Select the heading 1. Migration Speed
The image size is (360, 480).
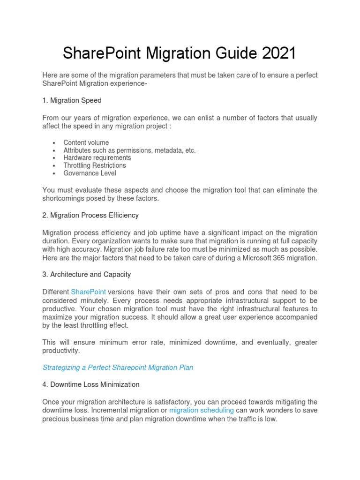(72, 101)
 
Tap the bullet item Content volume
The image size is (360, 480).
(86, 142)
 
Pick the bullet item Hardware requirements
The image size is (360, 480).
(97, 158)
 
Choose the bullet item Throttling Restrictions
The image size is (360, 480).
(95, 165)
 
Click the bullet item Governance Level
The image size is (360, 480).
(90, 173)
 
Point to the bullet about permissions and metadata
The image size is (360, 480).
(129, 150)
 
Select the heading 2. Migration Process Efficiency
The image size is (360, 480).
(90, 215)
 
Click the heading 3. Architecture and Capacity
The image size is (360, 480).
(87, 274)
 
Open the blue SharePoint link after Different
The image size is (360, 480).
(88, 292)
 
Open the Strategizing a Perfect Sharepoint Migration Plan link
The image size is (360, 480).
(118, 367)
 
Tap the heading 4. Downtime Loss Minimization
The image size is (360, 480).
(91, 384)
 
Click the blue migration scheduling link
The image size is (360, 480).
(202, 410)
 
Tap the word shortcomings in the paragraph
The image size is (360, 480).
(63, 198)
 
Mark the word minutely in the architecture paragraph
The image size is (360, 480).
(98, 300)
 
